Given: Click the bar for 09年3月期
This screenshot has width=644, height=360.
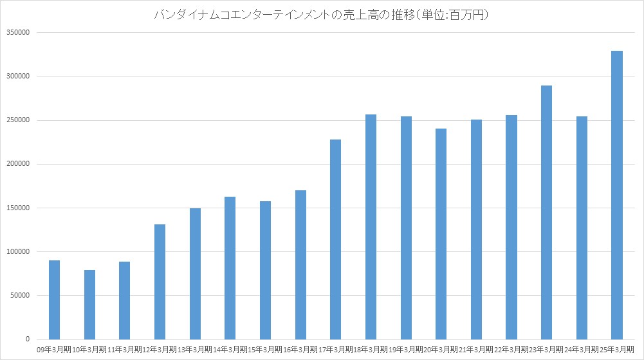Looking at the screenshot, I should (55, 300).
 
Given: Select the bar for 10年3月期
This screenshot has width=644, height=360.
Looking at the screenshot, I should (89, 304).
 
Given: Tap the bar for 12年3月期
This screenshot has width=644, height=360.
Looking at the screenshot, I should (160, 282).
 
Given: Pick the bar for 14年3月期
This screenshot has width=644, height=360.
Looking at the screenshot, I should (230, 268).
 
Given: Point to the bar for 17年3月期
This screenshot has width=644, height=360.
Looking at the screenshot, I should (335, 239).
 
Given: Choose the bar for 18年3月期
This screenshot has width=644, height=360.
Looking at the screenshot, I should (371, 227).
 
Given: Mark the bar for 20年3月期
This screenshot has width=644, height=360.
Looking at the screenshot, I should (441, 234).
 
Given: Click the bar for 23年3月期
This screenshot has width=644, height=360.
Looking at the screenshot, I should (546, 212).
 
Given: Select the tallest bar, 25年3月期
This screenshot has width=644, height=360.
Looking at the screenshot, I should (616, 195).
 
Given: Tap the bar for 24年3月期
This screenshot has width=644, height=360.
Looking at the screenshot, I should (582, 228).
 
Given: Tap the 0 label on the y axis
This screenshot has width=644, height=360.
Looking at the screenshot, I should (28, 339).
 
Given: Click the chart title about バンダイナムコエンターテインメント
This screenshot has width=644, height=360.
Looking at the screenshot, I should (322, 14).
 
